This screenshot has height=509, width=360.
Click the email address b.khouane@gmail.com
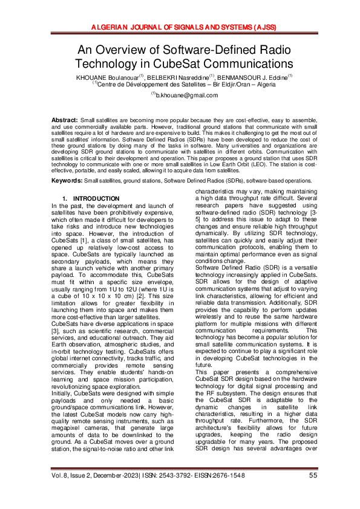coord(183,96)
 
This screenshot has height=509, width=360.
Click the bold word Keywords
coord(67,164)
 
